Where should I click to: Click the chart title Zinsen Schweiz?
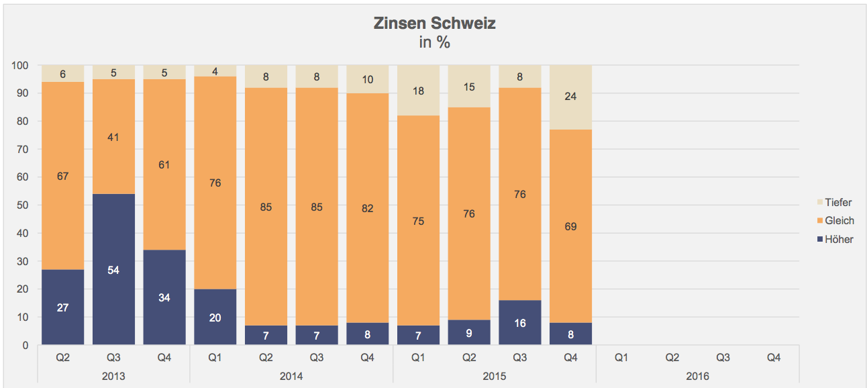pos(434,24)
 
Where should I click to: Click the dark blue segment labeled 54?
pos(113,269)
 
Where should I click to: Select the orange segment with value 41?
pos(113,136)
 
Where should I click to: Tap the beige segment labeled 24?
pos(570,96)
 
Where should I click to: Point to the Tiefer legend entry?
pos(833,202)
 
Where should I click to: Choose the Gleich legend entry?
pos(834,220)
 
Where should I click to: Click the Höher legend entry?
pos(834,239)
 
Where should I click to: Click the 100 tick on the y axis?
pos(19,65)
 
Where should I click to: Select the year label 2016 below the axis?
pos(697,376)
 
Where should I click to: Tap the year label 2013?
pos(113,376)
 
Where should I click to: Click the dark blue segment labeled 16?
pos(519,322)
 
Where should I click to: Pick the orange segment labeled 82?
pos(367,208)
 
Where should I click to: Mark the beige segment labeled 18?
pos(418,91)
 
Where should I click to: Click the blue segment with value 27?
pos(62,307)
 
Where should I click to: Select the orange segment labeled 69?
pos(570,226)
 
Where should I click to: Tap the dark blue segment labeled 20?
pos(215,317)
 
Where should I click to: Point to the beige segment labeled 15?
pos(469,87)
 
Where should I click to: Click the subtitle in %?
pos(434,43)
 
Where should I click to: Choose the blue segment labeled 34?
pos(164,297)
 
